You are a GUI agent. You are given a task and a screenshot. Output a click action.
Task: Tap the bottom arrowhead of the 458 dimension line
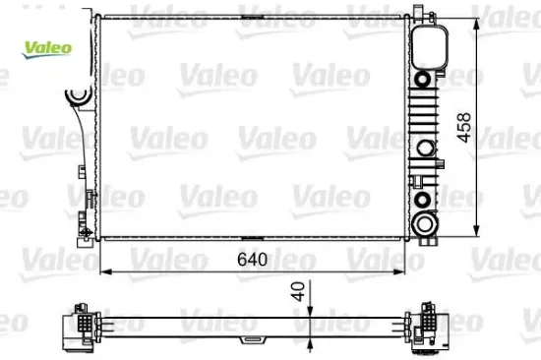479,236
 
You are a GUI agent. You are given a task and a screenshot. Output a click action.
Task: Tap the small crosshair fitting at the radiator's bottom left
90,232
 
